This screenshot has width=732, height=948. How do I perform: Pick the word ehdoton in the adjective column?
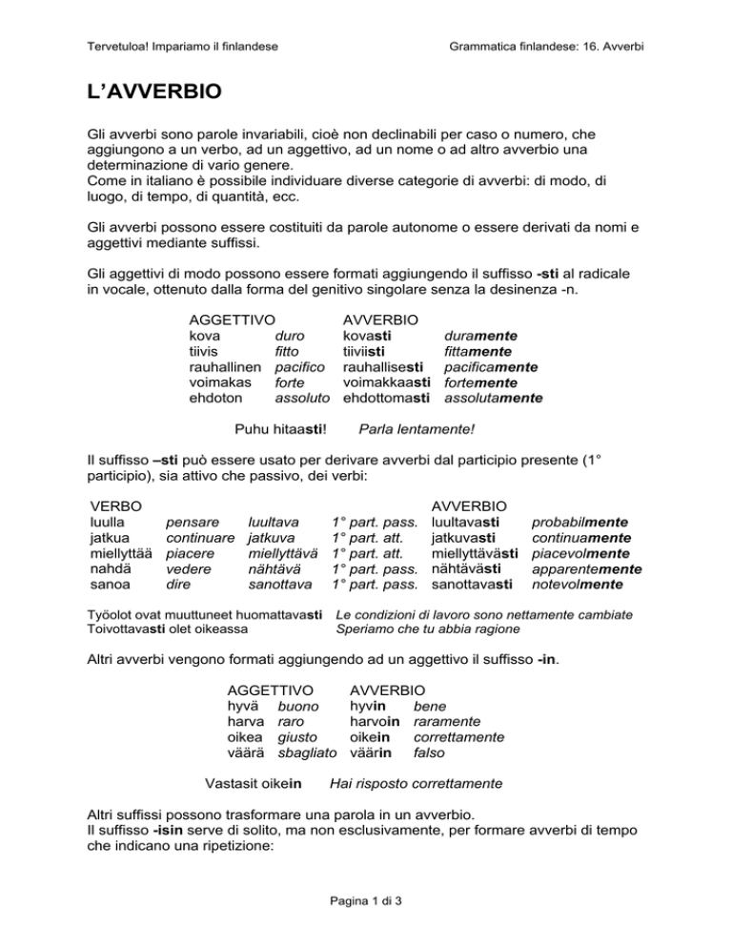[x=216, y=397]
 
